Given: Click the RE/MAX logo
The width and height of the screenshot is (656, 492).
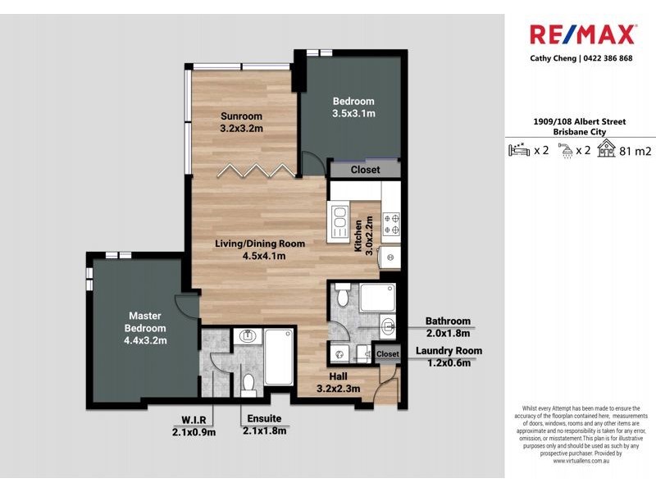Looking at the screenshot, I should [x=582, y=34].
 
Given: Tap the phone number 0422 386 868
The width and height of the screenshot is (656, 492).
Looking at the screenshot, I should [x=606, y=58].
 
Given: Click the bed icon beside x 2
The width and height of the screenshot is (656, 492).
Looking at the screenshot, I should [x=520, y=150].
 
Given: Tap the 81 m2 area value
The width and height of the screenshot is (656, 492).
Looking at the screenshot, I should [x=635, y=151].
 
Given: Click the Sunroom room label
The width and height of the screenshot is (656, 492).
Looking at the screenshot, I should [x=241, y=122].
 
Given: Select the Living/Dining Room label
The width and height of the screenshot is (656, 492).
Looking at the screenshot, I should [x=260, y=249].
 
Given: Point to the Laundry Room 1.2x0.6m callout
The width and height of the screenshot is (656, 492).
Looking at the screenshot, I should [x=448, y=357].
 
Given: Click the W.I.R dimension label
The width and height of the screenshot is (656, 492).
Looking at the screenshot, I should [x=194, y=426].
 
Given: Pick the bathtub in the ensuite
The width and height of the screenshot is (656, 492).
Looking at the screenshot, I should [x=279, y=357].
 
